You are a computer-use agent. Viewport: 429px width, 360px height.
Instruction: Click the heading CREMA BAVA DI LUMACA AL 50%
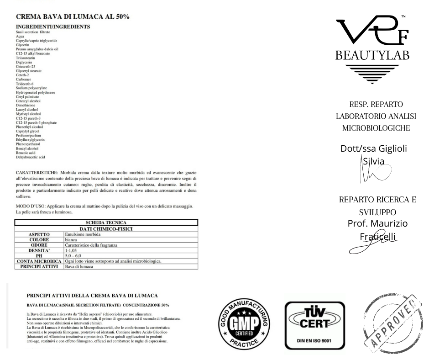pos(73,17)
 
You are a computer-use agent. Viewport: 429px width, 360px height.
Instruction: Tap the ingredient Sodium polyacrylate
pos(31,88)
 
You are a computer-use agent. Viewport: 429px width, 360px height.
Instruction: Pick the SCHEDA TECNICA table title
pos(106,222)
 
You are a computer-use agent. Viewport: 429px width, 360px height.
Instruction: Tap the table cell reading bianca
pos(72,239)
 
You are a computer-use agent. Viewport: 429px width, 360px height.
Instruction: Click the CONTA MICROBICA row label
pos(39,261)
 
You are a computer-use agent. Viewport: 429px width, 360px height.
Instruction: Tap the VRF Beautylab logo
pos(373,50)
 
